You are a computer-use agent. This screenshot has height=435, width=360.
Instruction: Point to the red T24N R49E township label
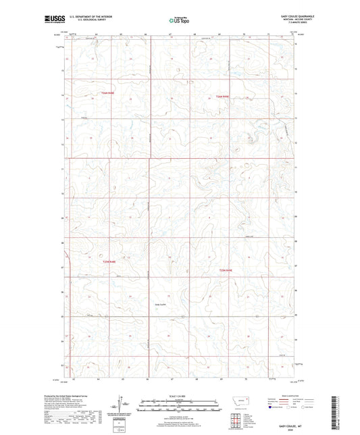click(223, 99)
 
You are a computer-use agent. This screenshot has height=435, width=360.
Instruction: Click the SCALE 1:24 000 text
click(180, 394)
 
